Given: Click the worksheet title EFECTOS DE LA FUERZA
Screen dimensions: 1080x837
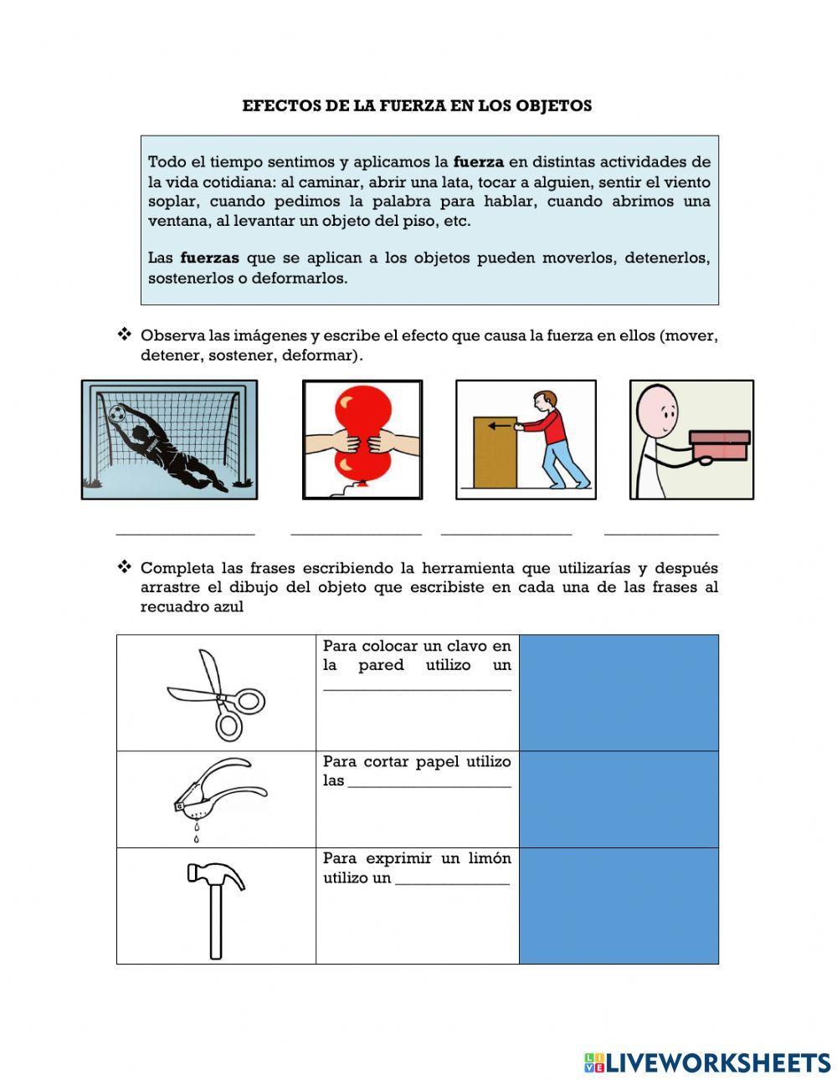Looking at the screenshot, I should (x=417, y=106).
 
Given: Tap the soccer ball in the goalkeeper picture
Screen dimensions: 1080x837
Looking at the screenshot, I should (x=116, y=412).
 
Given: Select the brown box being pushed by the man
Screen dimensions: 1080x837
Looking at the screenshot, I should (x=494, y=452).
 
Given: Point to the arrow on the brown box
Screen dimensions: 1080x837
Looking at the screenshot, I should (x=499, y=426).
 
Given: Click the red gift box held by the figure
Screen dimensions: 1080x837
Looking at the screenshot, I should (x=719, y=445).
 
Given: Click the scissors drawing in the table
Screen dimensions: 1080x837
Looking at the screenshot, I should (x=216, y=694).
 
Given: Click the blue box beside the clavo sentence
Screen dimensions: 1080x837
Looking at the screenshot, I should (x=619, y=692).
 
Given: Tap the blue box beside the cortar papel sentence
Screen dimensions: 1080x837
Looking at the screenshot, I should (x=619, y=799).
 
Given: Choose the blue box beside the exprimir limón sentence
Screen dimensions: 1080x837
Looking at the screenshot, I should (x=619, y=906).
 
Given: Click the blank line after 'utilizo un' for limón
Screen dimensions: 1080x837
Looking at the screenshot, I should (x=452, y=883).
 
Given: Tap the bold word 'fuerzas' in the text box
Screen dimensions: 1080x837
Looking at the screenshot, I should (x=209, y=258).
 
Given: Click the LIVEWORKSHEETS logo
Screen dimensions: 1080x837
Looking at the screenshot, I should (x=706, y=1062).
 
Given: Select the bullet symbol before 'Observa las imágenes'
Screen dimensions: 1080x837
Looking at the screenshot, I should (x=125, y=335).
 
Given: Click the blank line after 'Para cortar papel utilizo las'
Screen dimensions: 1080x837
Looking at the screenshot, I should (x=429, y=786).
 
